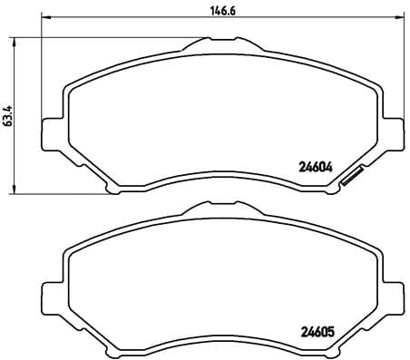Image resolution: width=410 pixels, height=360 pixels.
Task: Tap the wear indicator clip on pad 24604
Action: tap(352, 180)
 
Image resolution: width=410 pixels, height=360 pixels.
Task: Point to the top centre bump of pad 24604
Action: tap(210, 44)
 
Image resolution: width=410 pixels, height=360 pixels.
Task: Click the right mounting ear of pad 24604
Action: tap(392, 131)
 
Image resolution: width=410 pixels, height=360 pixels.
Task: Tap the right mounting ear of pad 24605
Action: tap(392, 296)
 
